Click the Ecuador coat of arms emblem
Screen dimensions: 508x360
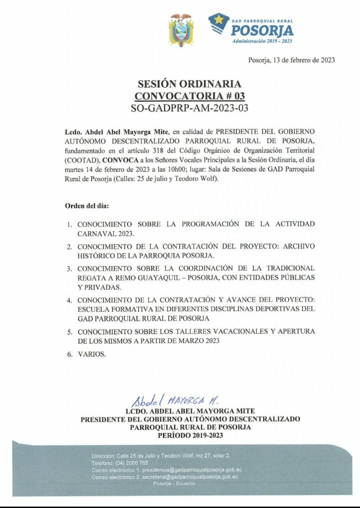click(x=180, y=31)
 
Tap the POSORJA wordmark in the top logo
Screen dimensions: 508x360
click(x=262, y=30)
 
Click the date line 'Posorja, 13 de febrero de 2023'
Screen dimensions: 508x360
click(x=291, y=60)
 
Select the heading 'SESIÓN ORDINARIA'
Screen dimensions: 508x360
click(x=189, y=84)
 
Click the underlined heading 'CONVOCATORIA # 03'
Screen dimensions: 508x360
click(x=190, y=95)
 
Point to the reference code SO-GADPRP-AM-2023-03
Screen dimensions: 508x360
click(x=189, y=107)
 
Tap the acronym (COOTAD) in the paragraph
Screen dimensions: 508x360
click(x=82, y=160)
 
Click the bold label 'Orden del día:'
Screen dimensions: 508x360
click(x=86, y=205)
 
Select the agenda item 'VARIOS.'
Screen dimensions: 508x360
click(x=91, y=354)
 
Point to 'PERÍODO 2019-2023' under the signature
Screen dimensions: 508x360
click(x=190, y=435)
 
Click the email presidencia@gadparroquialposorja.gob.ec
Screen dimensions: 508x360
click(x=192, y=470)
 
